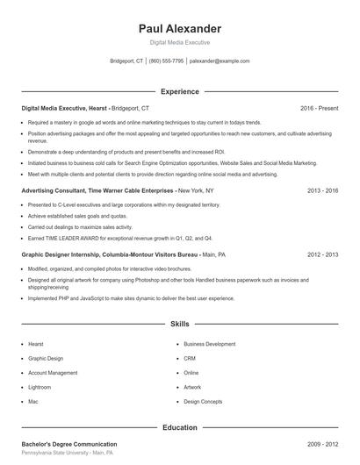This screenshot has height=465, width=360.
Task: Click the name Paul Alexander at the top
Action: tap(180, 28)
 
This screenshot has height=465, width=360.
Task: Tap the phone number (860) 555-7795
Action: tap(167, 61)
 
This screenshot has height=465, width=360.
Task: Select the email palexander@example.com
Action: tap(220, 61)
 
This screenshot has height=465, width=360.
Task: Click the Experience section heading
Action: tap(180, 91)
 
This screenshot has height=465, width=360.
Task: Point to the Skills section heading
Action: tap(180, 324)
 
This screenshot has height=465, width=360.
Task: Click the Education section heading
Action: tap(180, 427)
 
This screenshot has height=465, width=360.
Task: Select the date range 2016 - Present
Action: tap(319, 108)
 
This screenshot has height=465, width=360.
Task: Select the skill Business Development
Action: tap(210, 344)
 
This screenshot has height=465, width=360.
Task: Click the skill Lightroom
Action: tap(40, 386)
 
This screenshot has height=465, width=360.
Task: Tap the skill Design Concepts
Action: tap(203, 401)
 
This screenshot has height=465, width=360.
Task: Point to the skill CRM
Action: tap(190, 358)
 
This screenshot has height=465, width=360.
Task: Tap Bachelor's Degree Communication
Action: tap(69, 444)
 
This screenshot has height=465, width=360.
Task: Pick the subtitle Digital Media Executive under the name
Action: tap(180, 42)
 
